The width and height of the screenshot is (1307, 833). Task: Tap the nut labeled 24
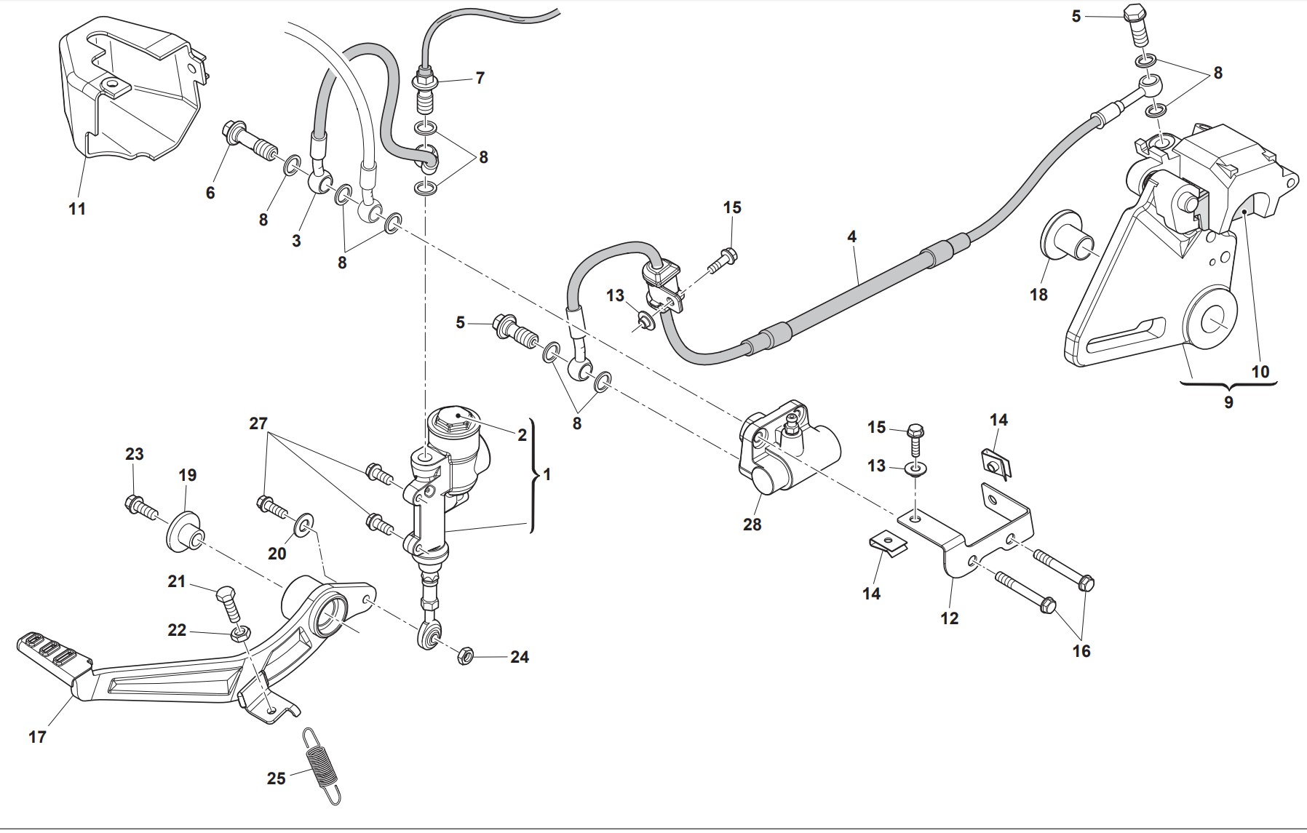(464, 655)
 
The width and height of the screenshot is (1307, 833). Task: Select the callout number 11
(77, 209)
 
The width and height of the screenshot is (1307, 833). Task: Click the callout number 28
(752, 524)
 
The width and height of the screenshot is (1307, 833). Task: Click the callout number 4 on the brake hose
(851, 236)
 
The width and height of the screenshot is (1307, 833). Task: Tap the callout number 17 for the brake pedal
(37, 737)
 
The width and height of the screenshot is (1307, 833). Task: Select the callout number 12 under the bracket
(949, 618)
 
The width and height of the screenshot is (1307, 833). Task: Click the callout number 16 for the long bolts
(1081, 651)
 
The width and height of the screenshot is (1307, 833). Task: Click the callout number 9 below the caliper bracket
(1228, 402)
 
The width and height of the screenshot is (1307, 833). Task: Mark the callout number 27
(258, 423)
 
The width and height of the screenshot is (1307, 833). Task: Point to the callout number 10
(1260, 372)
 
